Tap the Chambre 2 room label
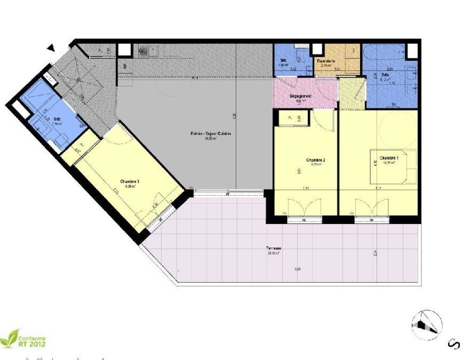tap(315, 161)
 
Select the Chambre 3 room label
tap(129, 181)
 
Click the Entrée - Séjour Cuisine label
tap(211, 134)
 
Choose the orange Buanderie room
tap(337, 60)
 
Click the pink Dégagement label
tap(300, 96)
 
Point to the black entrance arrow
tap(52, 48)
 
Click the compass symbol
tap(426, 324)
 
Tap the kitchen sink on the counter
tap(143, 50)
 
